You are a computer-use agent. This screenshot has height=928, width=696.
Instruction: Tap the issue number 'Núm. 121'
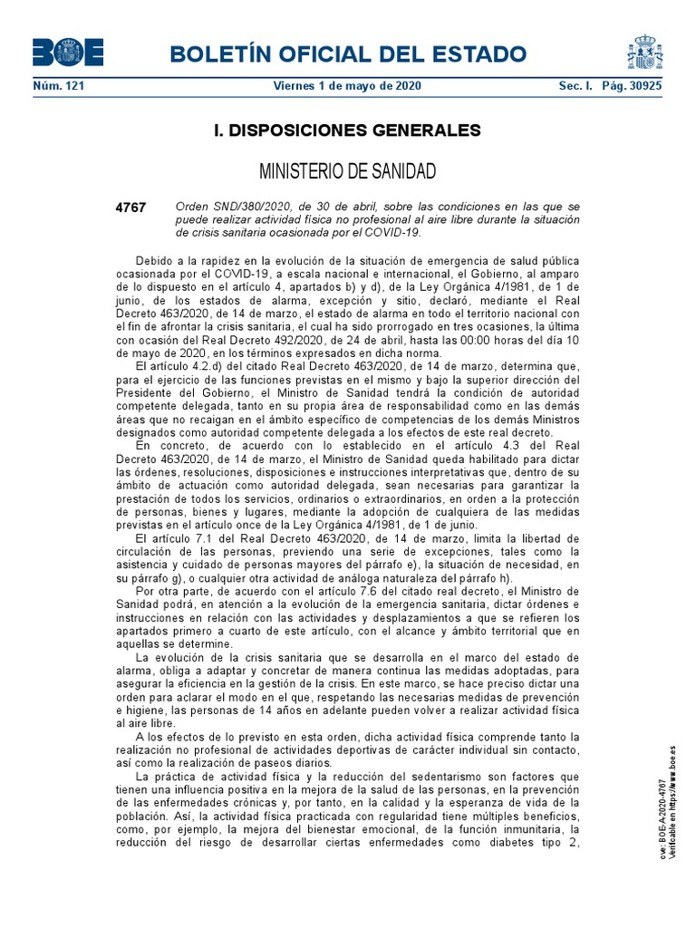click(x=53, y=86)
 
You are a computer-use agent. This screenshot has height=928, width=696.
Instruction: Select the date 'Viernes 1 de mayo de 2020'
click(x=347, y=86)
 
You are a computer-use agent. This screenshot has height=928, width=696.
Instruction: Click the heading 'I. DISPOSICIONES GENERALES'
click(x=347, y=130)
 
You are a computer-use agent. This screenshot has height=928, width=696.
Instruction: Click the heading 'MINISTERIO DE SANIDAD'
click(x=348, y=171)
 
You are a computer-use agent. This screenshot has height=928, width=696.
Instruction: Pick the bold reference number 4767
click(x=130, y=208)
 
